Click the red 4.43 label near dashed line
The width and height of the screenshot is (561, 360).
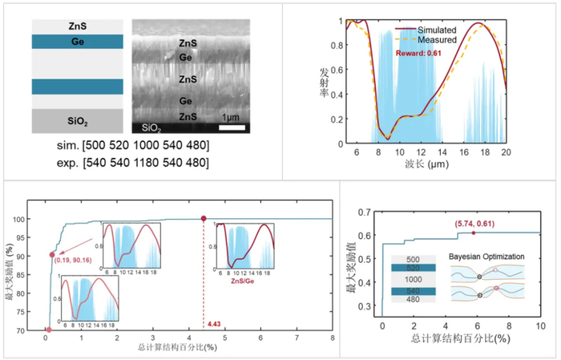pos(214,323)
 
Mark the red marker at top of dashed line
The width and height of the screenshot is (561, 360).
pos(204,218)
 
